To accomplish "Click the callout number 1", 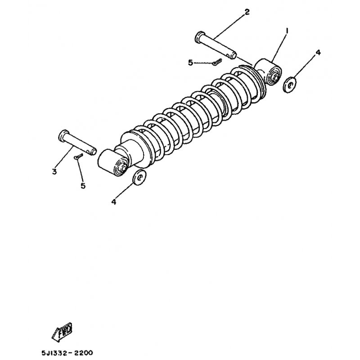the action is coord(287,31).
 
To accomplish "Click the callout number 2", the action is coord(247,12).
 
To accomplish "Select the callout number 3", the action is coord(54,171).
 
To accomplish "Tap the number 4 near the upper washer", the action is coord(318,53).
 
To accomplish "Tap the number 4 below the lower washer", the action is coord(114,202).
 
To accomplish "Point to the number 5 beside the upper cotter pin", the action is coord(190,63).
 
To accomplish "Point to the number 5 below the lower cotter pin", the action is coord(83,185).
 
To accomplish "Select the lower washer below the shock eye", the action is coord(139,177).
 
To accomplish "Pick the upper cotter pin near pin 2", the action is coord(217,62).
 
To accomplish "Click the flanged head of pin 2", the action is coord(200,37).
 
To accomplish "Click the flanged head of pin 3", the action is coord(63,136).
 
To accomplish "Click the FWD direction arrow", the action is coord(62,332).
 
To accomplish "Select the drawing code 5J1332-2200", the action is coord(67,353).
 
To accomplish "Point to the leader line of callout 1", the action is coord(279,48).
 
